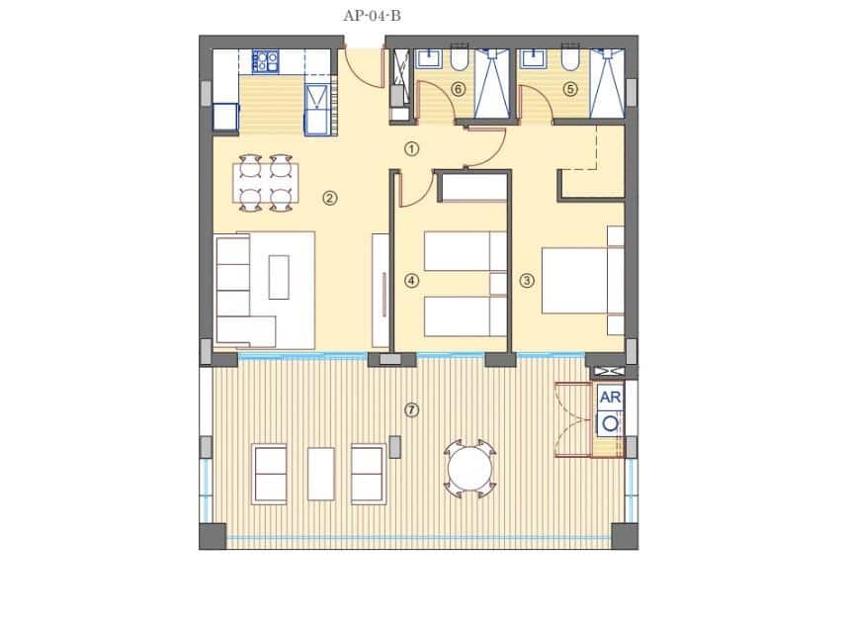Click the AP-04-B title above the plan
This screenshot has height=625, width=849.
tap(372, 15)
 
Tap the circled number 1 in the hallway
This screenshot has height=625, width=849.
tap(412, 148)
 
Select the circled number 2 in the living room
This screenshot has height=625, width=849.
tap(329, 198)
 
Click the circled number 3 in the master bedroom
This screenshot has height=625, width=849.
tap(527, 280)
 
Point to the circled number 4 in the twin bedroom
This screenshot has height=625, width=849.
tap(411, 280)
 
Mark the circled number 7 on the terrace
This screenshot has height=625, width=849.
tap(412, 409)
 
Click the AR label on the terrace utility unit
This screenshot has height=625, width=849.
tap(611, 397)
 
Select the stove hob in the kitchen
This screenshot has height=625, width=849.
tap(265, 62)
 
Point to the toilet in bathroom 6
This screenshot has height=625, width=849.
tap(460, 60)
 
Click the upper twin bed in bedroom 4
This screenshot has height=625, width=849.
tap(465, 250)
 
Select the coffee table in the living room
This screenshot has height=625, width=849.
tap(279, 277)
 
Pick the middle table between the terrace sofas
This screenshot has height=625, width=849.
tap(320, 474)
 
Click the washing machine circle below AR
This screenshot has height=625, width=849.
tap(611, 423)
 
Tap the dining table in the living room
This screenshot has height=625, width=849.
tap(265, 182)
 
